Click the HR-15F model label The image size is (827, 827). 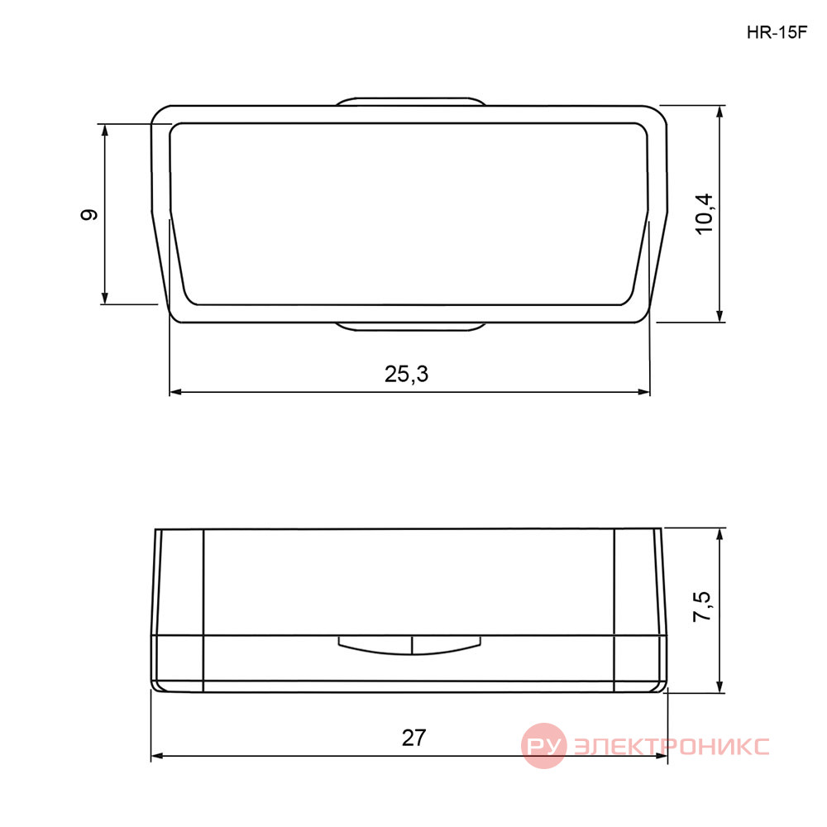(777, 33)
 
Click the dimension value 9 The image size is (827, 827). (89, 215)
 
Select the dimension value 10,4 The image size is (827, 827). (704, 213)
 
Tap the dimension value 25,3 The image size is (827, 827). (406, 374)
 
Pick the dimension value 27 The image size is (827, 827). (413, 738)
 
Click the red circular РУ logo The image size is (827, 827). (543, 746)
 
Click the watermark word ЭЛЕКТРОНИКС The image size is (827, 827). (671, 746)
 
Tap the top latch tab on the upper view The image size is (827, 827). (410, 101)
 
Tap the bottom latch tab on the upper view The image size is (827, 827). (410, 327)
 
